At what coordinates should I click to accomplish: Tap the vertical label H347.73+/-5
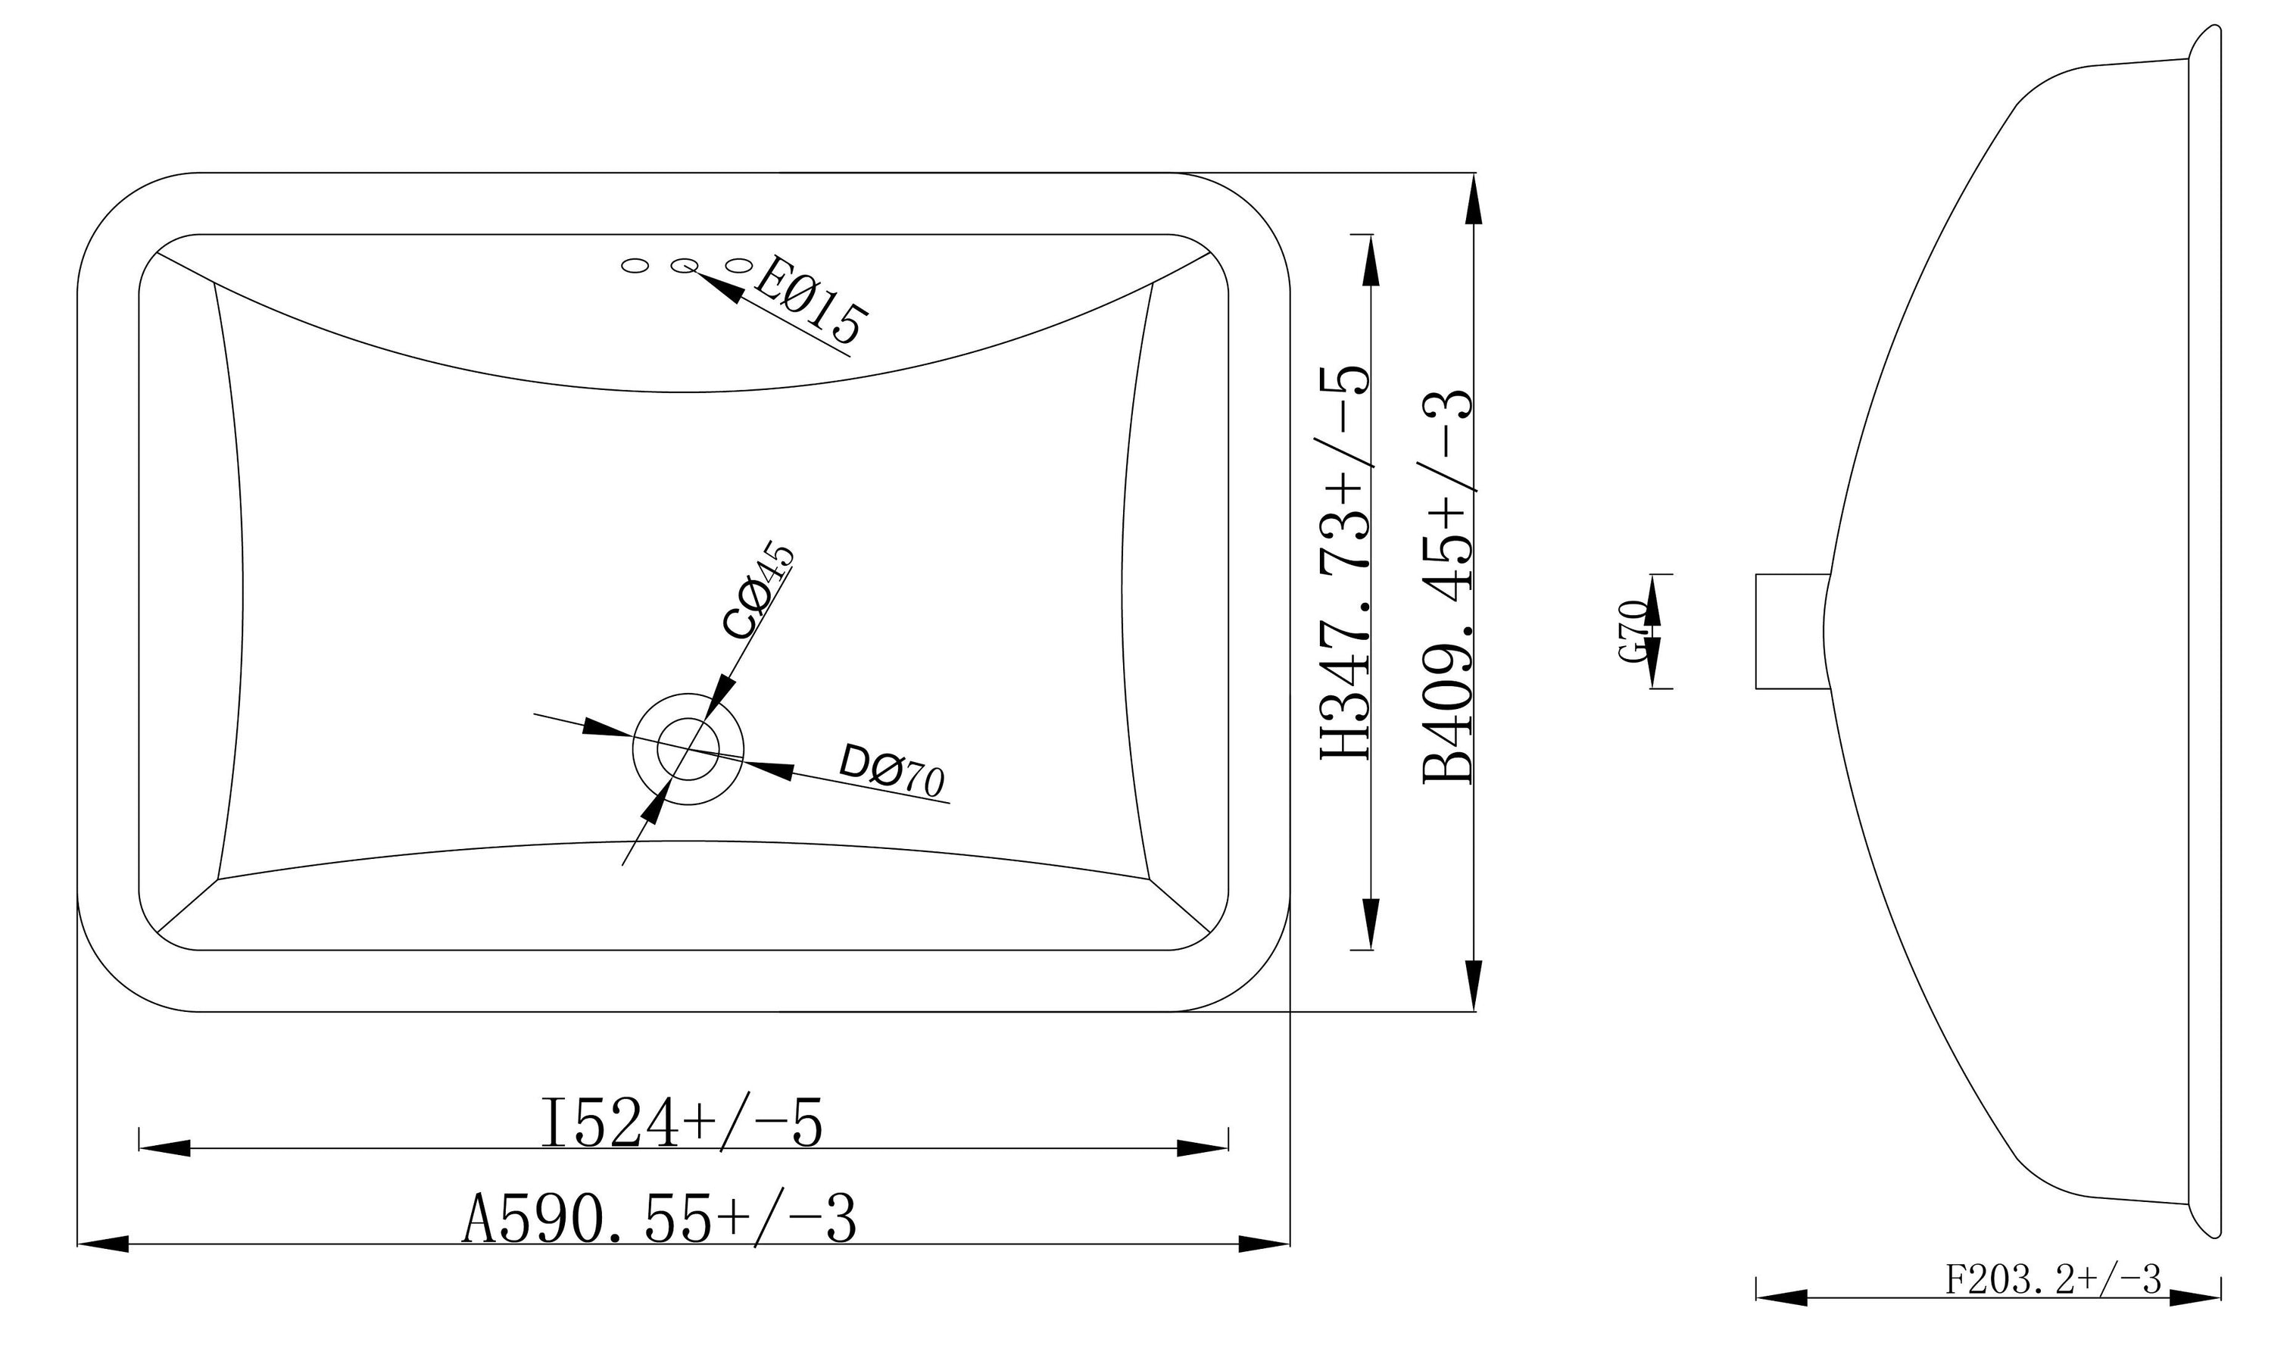click(x=1346, y=564)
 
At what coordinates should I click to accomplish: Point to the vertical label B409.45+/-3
click(x=1449, y=586)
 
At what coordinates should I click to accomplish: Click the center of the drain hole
click(x=689, y=749)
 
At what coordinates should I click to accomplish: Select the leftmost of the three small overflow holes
click(x=635, y=266)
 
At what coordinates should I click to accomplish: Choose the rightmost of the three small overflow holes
click(x=738, y=265)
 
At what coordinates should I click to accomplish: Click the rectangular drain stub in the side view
click(x=1792, y=631)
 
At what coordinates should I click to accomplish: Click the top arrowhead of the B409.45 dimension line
click(x=1473, y=199)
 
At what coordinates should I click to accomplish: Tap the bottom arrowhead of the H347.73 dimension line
click(x=1371, y=923)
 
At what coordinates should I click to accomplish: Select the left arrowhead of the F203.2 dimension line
click(x=1780, y=1323)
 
